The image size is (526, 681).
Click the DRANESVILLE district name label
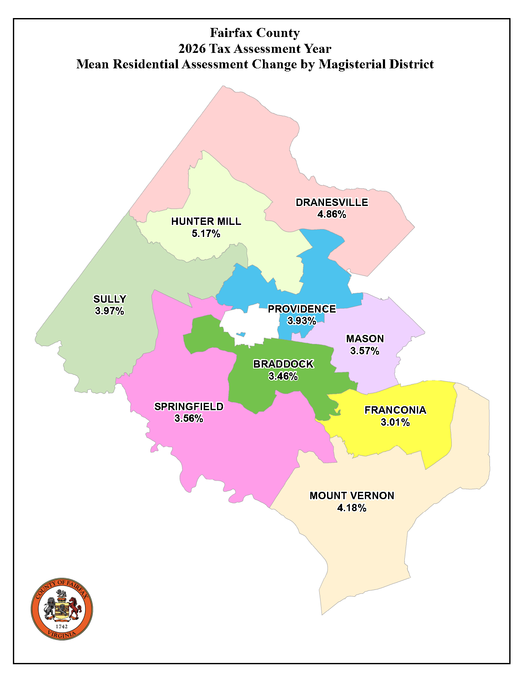[x=332, y=202]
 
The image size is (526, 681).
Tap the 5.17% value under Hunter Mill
[x=206, y=233]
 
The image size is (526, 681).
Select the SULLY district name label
[x=110, y=299]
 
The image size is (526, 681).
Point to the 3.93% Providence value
[x=302, y=321]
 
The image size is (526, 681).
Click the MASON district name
[x=365, y=339]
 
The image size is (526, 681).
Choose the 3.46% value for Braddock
[x=283, y=376]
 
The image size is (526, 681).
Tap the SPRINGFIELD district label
[x=189, y=407]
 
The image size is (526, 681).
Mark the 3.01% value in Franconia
[x=395, y=422]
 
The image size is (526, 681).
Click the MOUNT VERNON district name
[x=352, y=496]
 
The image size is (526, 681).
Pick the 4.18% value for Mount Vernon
[x=352, y=508]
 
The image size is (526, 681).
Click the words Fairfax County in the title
[x=255, y=33]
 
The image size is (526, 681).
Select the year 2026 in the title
[x=192, y=49]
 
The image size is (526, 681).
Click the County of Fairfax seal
[x=62, y=609]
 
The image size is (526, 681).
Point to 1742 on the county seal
[x=62, y=626]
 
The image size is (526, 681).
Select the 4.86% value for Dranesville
[x=332, y=214]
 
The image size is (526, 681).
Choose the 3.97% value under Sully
[x=110, y=311]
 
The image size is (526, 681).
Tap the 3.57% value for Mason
[x=365, y=351]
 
